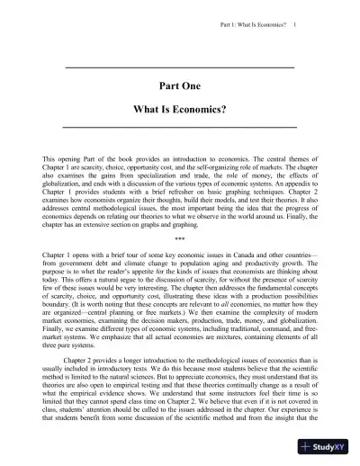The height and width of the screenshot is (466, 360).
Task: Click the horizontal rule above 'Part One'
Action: pos(180,68)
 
